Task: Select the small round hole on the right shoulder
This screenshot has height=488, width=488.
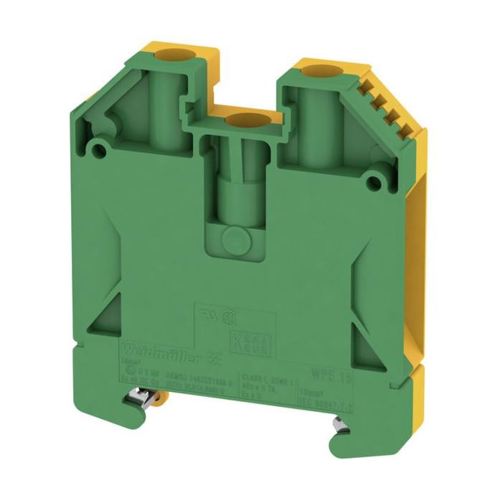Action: (373, 182)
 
